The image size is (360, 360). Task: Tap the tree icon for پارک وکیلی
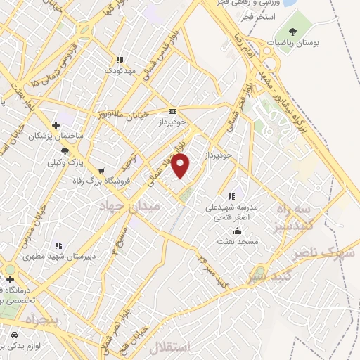click(65, 151)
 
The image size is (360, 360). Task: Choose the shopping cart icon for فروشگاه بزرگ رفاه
click(102, 171)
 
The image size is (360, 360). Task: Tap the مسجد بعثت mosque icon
click(238, 231)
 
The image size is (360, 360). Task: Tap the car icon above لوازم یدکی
click(14, 335)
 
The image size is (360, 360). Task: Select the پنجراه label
click(26, 320)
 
